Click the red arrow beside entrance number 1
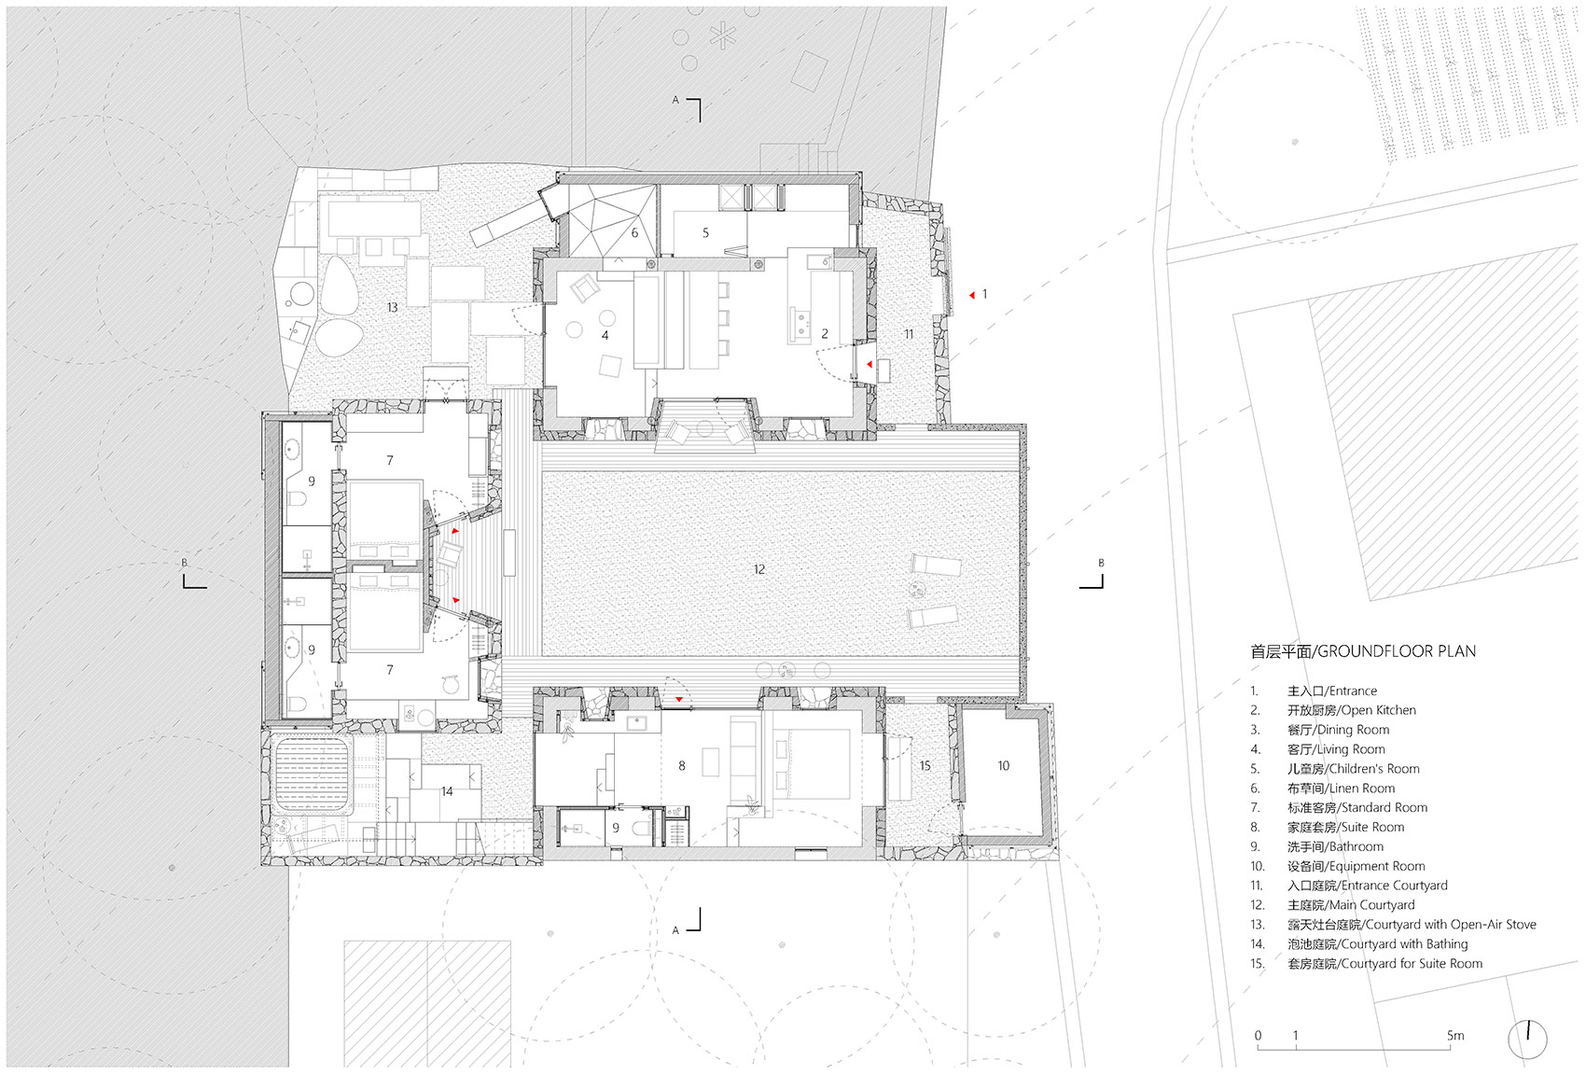pyautogui.click(x=972, y=295)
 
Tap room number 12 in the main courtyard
pyautogui.click(x=759, y=569)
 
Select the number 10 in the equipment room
pyautogui.click(x=1003, y=765)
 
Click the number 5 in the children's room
pyautogui.click(x=705, y=232)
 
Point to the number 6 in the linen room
pyautogui.click(x=634, y=232)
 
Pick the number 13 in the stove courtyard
pyautogui.click(x=392, y=307)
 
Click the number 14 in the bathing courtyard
pyautogui.click(x=447, y=791)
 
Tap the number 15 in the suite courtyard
pyautogui.click(x=925, y=765)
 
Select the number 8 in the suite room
pyautogui.click(x=682, y=765)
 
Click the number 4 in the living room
pyautogui.click(x=605, y=335)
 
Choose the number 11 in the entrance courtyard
pyautogui.click(x=909, y=333)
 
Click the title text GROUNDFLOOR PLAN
pyautogui.click(x=1397, y=651)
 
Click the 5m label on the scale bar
pyautogui.click(x=1455, y=1036)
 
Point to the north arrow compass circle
pyautogui.click(x=1527, y=1040)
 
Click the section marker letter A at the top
pyautogui.click(x=675, y=101)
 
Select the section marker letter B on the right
pyautogui.click(x=1101, y=563)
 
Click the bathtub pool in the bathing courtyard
pyautogui.click(x=312, y=775)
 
